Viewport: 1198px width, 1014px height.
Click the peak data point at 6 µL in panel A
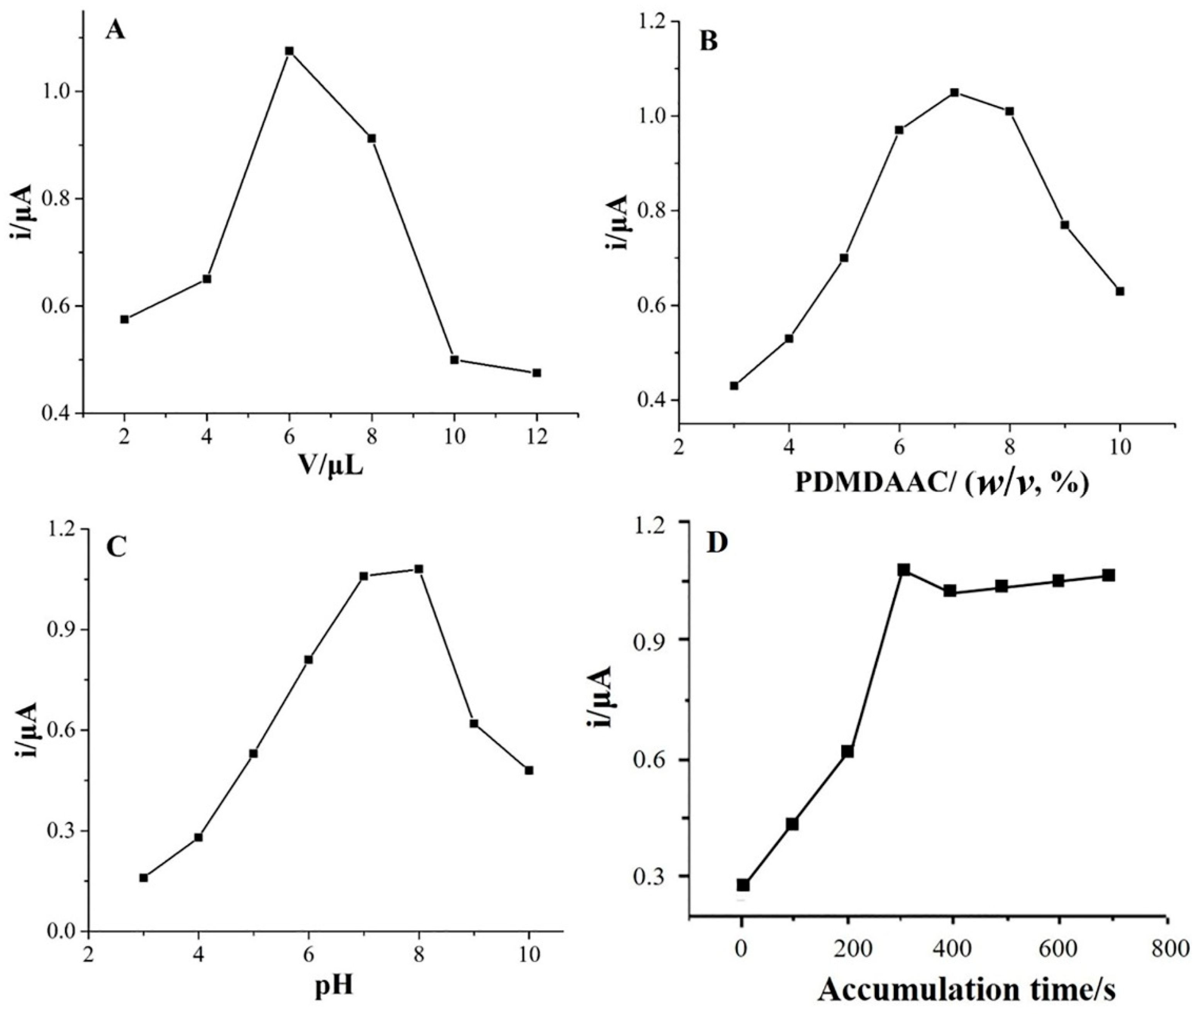coord(289,51)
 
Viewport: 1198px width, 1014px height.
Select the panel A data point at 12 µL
coord(537,373)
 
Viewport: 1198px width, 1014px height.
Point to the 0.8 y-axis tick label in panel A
coord(54,199)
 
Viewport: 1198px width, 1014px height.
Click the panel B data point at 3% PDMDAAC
coord(734,386)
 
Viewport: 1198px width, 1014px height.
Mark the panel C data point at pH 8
coord(419,569)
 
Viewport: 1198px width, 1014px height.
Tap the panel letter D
coord(717,543)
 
